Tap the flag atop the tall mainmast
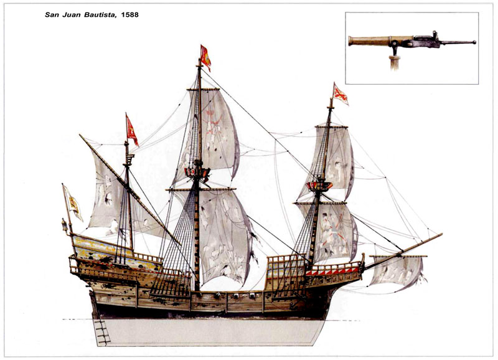point(205,57)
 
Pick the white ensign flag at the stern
point(73,202)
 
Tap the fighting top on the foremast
point(321,184)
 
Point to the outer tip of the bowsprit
point(440,235)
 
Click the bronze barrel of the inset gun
point(370,40)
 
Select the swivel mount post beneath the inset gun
point(394,60)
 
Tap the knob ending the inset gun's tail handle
point(474,42)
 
